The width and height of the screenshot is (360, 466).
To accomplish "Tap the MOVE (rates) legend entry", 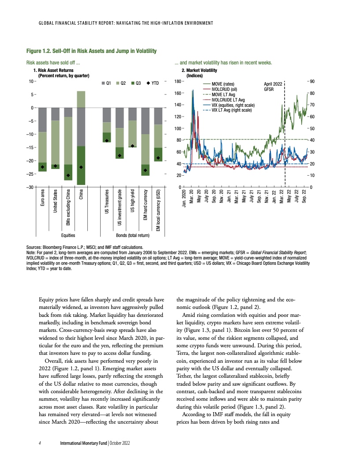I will [223, 83].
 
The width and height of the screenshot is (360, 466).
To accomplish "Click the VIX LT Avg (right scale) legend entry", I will [232, 110].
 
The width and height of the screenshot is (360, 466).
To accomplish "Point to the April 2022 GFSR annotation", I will [272, 86].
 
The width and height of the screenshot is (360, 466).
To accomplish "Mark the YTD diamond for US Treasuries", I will [107, 140].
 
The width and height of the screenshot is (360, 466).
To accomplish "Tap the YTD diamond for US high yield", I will [132, 146].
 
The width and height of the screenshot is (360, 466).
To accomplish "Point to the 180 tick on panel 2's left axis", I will [177, 82].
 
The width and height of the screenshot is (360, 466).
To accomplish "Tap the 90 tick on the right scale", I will [311, 82].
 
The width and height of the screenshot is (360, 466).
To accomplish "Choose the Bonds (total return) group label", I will [131, 236].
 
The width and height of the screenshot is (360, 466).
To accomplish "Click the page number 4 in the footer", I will [40, 443].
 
